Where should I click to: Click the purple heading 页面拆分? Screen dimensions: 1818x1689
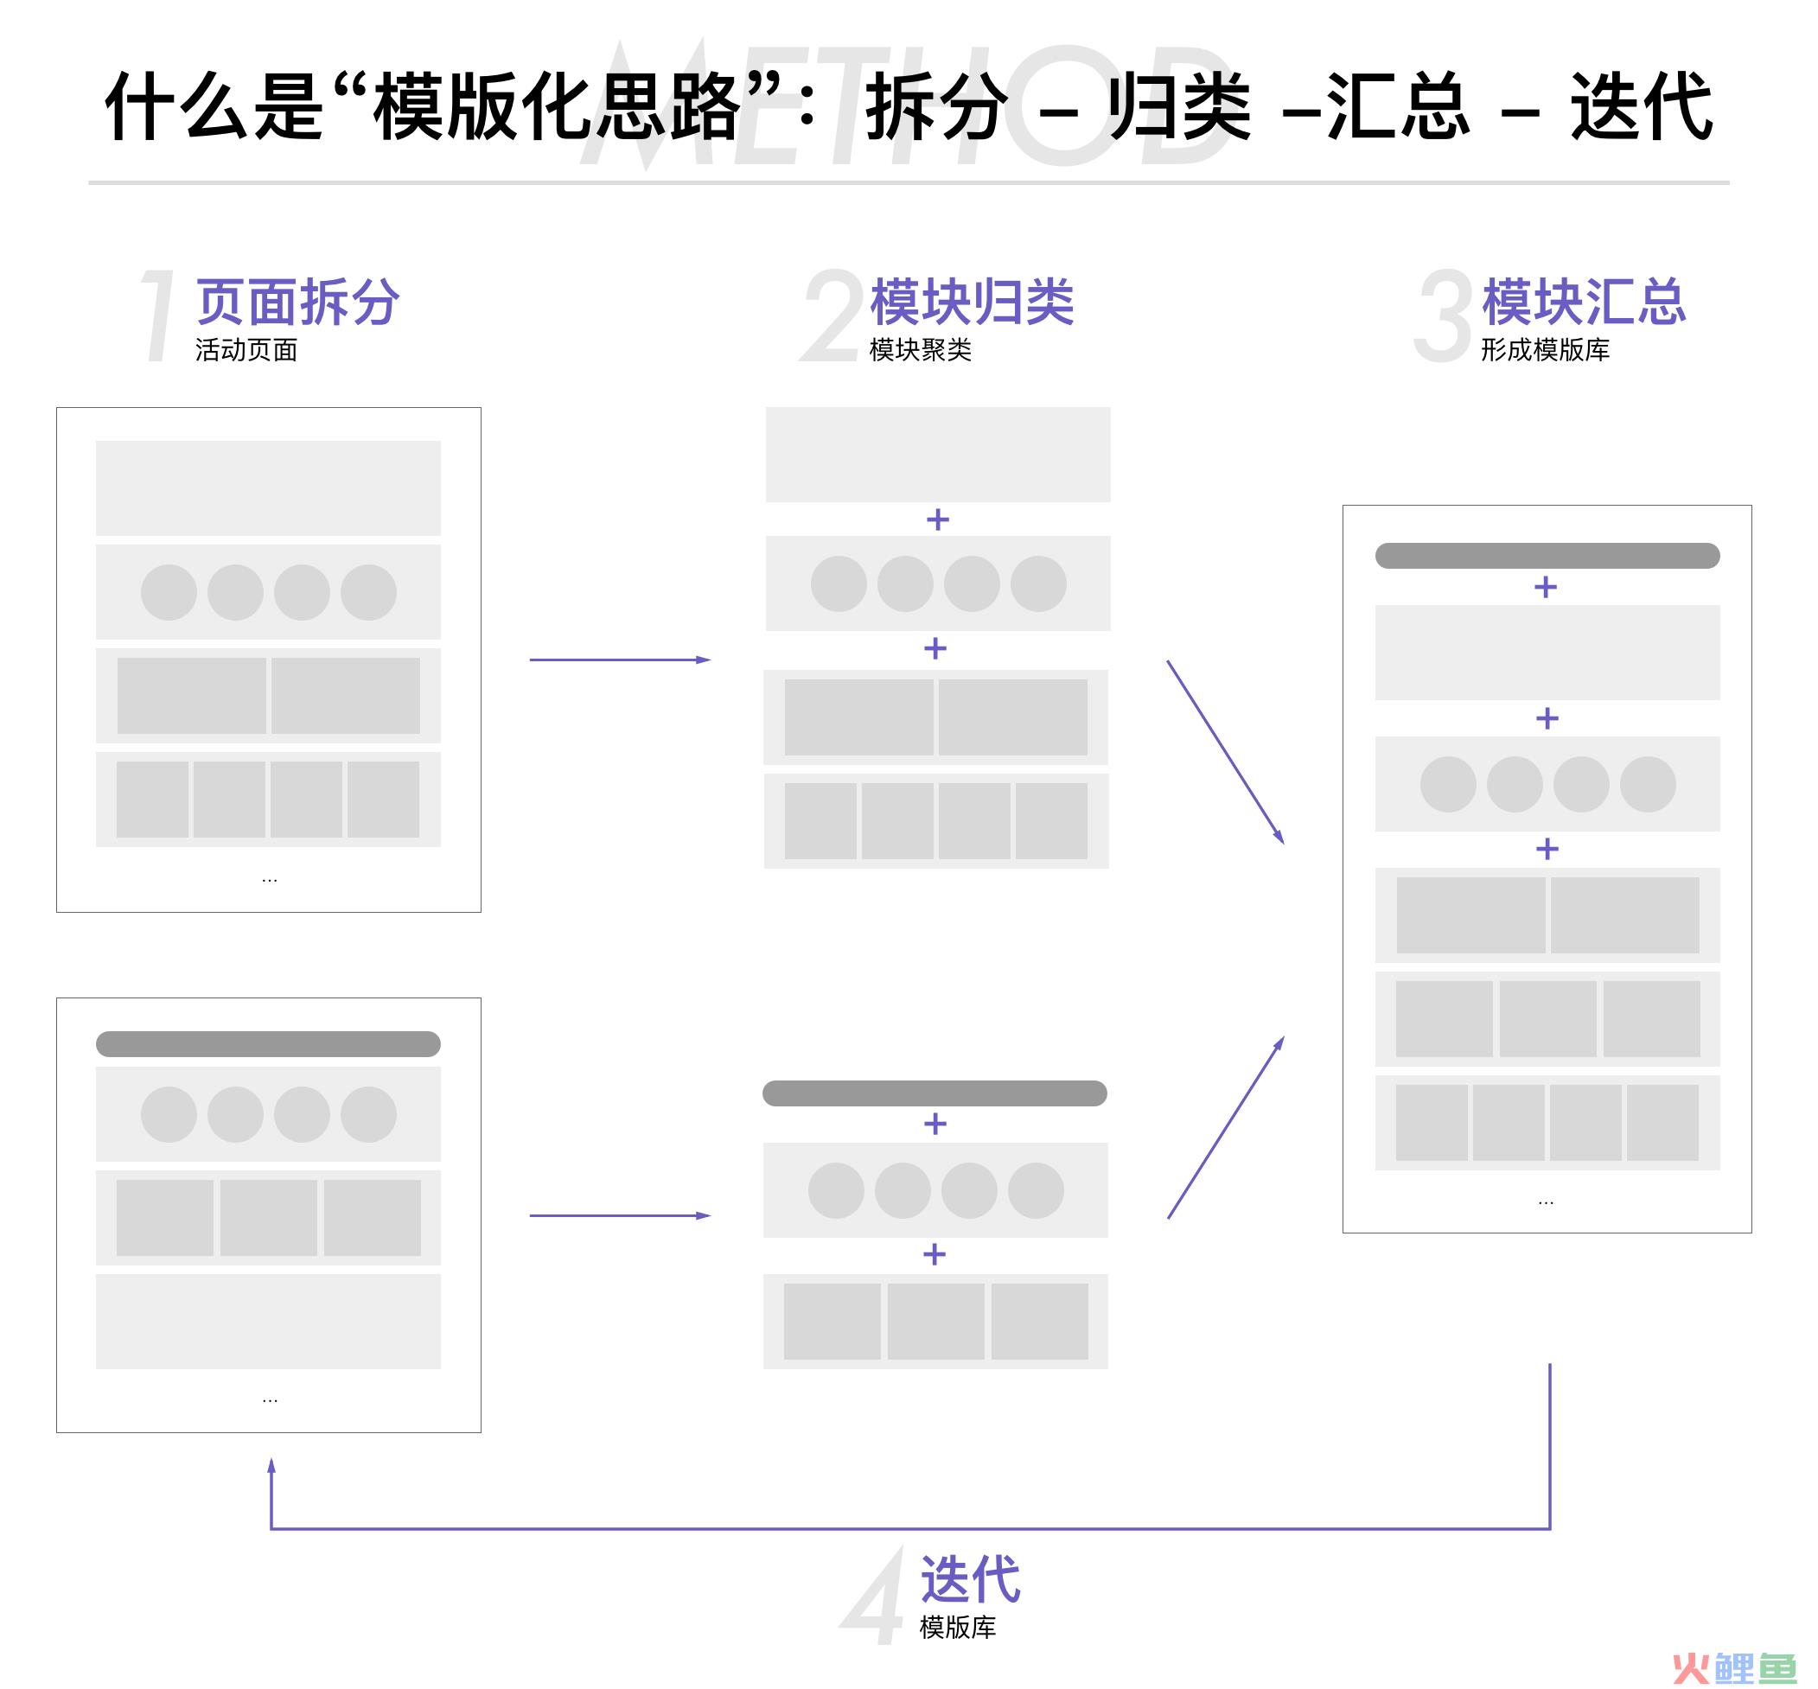pos(298,302)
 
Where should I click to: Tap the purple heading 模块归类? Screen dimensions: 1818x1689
pos(972,302)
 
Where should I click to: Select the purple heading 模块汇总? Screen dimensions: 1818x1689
pos(1584,302)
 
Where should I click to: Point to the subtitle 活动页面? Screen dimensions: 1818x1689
pos(246,350)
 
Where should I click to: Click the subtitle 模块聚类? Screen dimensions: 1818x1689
pos(921,350)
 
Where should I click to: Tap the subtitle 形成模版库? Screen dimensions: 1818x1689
pos(1546,350)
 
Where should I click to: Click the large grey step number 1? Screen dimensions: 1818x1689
pos(157,315)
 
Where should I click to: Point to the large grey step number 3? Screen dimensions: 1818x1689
pos(1441,315)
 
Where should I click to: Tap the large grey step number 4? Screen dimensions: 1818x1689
pos(873,1595)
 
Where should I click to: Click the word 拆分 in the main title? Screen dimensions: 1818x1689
pos(937,107)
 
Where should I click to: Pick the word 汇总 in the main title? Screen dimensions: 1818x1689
pos(1399,107)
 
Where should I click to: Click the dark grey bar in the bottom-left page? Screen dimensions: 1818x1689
pos(268,1044)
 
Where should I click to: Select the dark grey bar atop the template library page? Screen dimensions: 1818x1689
pos(1547,556)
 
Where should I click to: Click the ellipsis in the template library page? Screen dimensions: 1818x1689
pos(1547,1202)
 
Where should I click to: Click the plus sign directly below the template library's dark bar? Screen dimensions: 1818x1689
pos(1546,587)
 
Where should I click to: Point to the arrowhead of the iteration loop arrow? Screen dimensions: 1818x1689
pos(271,1465)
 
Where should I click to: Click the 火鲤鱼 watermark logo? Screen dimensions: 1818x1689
pos(1734,1668)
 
